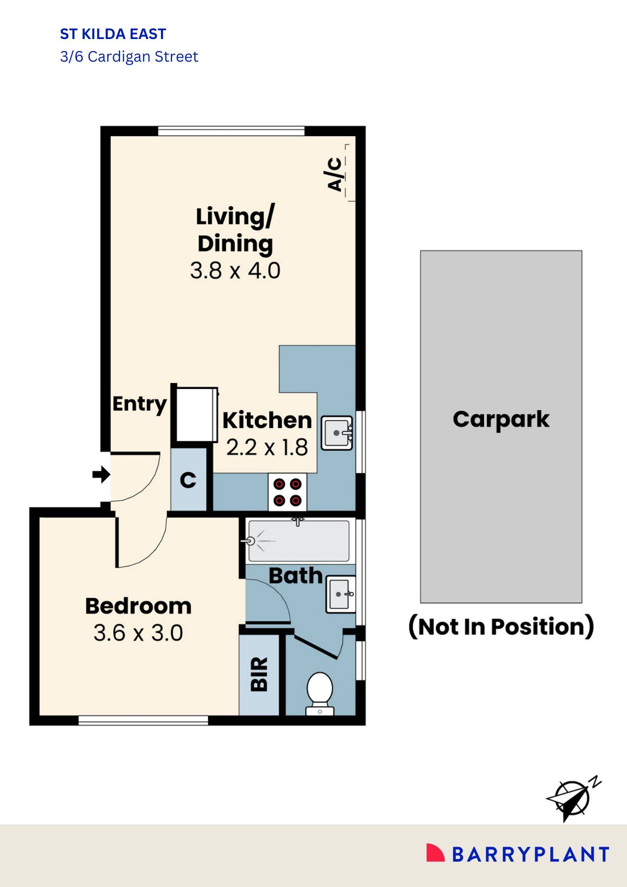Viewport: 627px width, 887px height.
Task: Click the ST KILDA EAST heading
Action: (113, 34)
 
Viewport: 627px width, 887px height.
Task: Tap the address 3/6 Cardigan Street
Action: (129, 57)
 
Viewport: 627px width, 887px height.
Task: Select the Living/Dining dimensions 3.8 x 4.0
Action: (235, 271)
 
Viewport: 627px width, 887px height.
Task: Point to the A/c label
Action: (335, 174)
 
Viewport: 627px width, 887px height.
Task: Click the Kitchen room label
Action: (267, 420)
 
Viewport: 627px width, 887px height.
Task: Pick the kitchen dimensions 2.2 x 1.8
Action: (267, 447)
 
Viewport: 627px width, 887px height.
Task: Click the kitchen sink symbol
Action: (337, 433)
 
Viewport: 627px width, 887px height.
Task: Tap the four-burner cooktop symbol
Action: (287, 492)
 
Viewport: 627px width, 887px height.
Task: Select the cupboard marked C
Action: (188, 480)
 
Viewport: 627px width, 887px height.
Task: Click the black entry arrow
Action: (101, 475)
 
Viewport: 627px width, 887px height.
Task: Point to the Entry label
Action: (139, 404)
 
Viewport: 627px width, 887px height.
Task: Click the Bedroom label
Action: (138, 606)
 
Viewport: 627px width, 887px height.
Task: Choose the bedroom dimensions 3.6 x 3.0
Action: (138, 633)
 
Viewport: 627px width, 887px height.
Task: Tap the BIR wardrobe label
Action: (259, 674)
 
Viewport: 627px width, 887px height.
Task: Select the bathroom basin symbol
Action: (341, 594)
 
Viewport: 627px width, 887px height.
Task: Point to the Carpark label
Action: (501, 419)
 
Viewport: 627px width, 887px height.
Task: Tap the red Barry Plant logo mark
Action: (435, 853)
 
